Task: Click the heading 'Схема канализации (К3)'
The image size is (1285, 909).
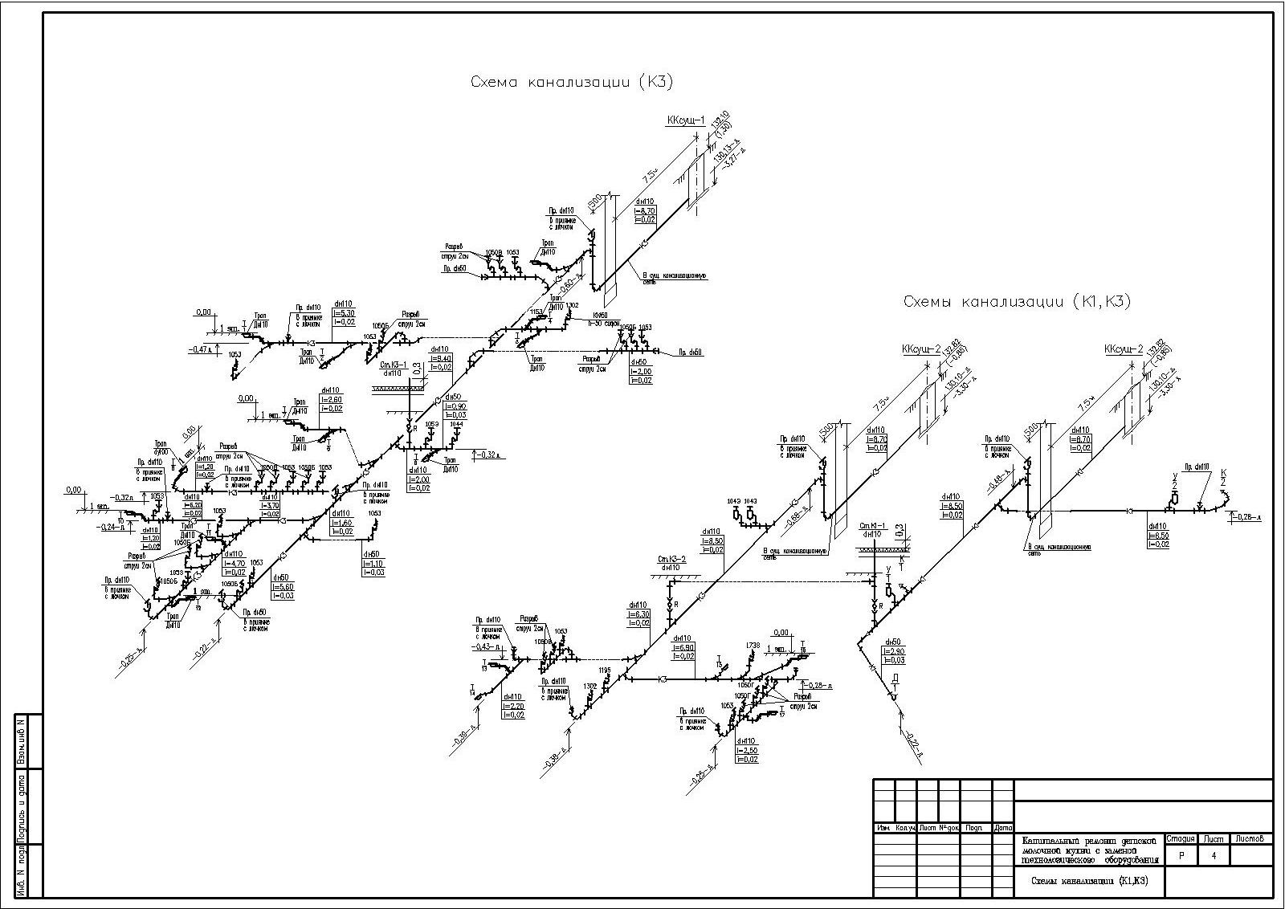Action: [x=571, y=82]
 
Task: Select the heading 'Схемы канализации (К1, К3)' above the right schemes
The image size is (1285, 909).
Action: [x=1016, y=301]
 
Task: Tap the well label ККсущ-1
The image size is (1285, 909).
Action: [x=685, y=121]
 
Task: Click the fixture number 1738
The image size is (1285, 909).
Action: [x=753, y=645]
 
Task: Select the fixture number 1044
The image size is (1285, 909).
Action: [x=456, y=423]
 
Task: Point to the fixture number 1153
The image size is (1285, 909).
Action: [x=536, y=312]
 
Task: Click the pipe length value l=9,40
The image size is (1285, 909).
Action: [x=441, y=358]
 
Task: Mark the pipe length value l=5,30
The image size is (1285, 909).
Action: [x=343, y=313]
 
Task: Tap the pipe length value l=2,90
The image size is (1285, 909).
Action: [x=895, y=651]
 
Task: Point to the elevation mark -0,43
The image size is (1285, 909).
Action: [x=484, y=646]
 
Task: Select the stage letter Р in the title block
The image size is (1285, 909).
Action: [x=1181, y=856]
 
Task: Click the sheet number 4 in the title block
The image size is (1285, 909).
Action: [x=1213, y=856]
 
